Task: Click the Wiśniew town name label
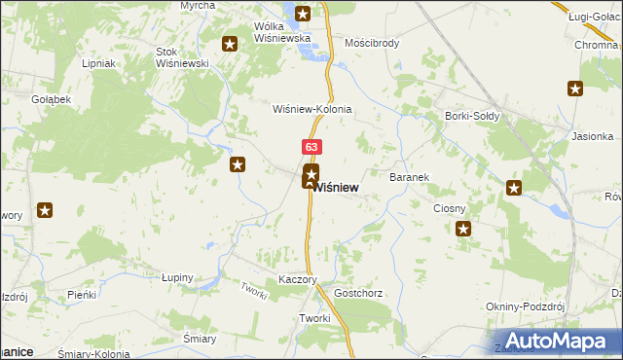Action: [x=338, y=187]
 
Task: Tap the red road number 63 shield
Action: [x=311, y=147]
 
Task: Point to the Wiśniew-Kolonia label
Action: [x=311, y=110]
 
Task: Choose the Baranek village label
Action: [x=410, y=178]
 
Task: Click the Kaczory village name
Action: [x=299, y=279]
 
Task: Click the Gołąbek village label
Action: [x=51, y=99]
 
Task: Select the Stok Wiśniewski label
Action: [x=183, y=56]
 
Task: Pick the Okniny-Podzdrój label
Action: [x=526, y=306]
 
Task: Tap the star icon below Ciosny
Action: [x=463, y=230]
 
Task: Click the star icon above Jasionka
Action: [x=575, y=90]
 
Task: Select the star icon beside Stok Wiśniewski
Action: [x=230, y=44]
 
